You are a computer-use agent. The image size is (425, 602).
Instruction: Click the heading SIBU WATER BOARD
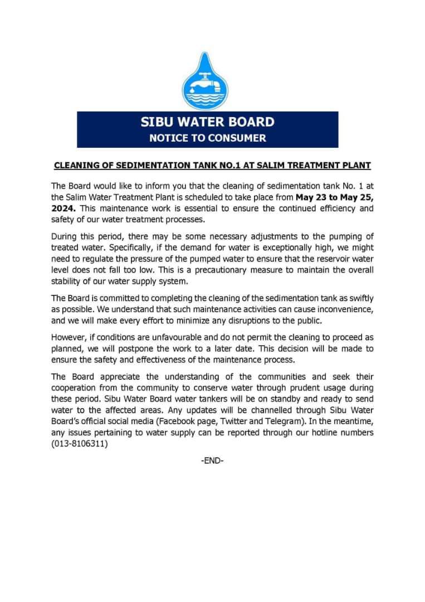click(207, 122)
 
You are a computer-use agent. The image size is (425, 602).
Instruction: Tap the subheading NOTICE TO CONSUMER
click(207, 138)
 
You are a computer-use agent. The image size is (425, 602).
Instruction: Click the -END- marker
click(212, 461)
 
